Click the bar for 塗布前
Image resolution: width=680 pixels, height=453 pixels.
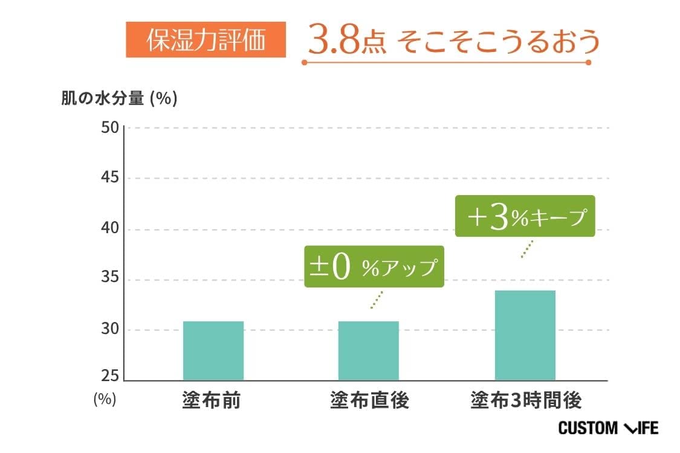pos(213,351)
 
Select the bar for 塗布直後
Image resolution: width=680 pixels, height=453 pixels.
pos(368,351)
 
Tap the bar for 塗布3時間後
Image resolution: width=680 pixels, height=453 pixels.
pos(525,336)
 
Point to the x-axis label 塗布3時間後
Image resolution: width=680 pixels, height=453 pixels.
pos(525,401)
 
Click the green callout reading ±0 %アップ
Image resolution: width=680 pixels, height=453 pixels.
pos(374,267)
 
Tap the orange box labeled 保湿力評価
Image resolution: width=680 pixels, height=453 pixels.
pos(206,40)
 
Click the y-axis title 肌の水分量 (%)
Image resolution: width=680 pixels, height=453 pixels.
pos(119,98)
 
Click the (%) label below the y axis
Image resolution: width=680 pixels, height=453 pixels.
pos(104,400)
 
